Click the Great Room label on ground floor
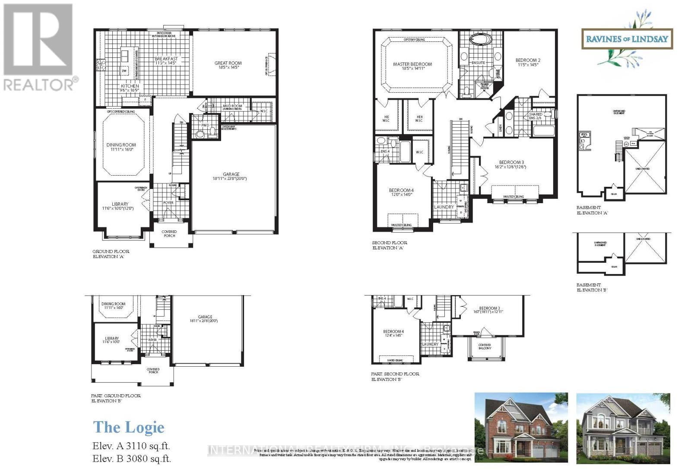pos(228,65)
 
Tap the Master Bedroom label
pos(412,66)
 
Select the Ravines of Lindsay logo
pos(627,39)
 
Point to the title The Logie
pos(129,427)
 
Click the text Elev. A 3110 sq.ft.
pos(131,446)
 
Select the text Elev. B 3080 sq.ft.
pos(132,459)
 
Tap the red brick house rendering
pos(521,428)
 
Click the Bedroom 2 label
pos(528,63)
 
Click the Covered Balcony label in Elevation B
pos(485,346)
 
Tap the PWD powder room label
pos(205,126)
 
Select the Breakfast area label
pos(166,61)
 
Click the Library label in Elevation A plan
pos(120,206)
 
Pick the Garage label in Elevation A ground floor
pos(231,176)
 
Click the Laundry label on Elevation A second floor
pos(444,207)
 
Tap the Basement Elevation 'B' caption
pos(592,287)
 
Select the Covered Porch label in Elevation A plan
pos(169,233)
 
